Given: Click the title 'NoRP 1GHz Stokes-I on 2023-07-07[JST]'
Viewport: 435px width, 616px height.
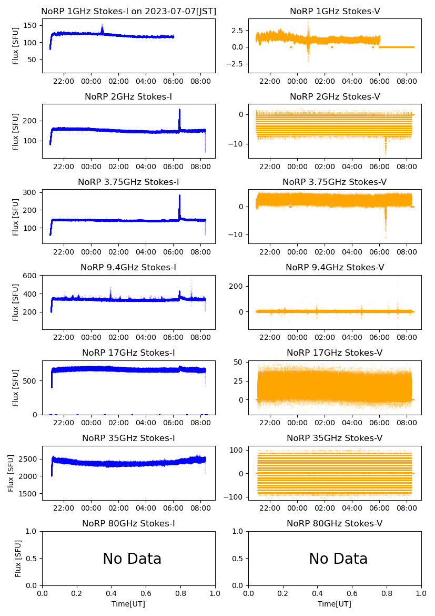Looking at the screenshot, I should click(x=128, y=11).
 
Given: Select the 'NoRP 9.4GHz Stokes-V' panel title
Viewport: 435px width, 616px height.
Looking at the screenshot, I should click(x=335, y=267).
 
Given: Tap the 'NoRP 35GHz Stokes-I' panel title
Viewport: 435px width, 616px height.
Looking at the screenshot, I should click(x=128, y=438).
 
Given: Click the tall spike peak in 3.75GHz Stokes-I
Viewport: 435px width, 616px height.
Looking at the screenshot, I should click(x=179, y=196).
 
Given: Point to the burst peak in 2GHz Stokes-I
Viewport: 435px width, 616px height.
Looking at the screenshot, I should click(x=179, y=110).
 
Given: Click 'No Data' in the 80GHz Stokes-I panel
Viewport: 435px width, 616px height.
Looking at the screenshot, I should click(x=132, y=559).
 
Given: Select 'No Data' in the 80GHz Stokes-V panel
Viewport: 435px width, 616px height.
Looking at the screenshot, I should click(x=338, y=559).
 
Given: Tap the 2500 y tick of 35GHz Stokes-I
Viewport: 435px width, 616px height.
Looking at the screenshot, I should click(x=29, y=459).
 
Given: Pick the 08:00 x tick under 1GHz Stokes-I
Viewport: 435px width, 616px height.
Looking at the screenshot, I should click(x=201, y=81).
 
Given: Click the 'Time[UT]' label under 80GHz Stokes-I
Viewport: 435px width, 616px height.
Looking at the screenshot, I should click(x=128, y=604).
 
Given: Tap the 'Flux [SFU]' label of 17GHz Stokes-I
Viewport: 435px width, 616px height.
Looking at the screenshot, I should click(x=16, y=387).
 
